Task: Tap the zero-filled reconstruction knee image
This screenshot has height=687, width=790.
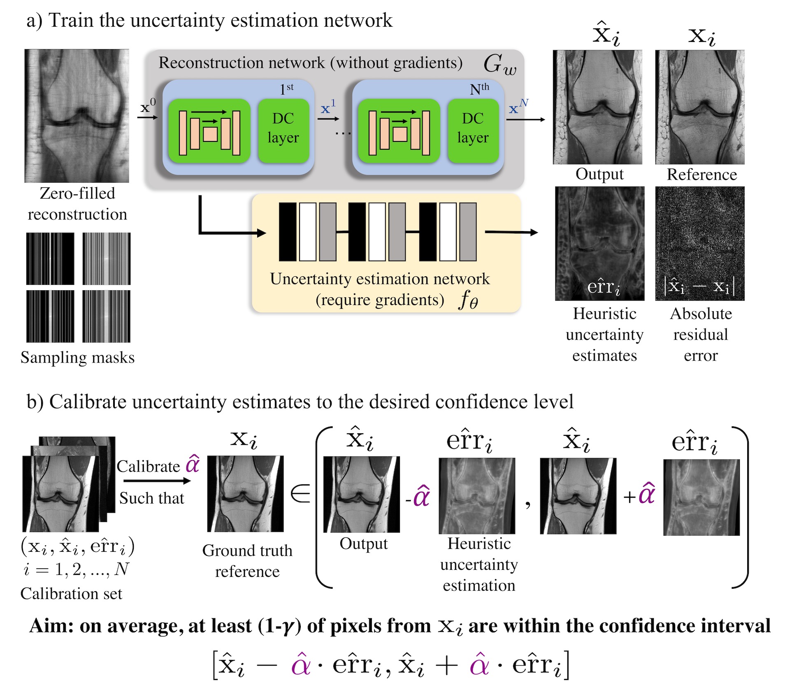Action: pyautogui.click(x=77, y=116)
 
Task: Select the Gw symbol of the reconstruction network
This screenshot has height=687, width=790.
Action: pyautogui.click(x=500, y=65)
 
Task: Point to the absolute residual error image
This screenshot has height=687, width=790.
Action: pyautogui.click(x=699, y=243)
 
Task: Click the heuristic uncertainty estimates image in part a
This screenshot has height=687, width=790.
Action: pyautogui.click(x=599, y=243)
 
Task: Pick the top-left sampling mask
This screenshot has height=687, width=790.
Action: pyautogui.click(x=50, y=259)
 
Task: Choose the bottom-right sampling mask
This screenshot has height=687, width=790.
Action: pyautogui.click(x=106, y=316)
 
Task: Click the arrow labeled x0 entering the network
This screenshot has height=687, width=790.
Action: pyautogui.click(x=147, y=118)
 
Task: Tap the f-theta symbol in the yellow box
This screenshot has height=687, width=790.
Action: pyautogui.click(x=468, y=300)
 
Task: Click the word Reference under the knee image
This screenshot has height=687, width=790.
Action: pyautogui.click(x=702, y=174)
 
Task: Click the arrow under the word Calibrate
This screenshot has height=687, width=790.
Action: pyautogui.click(x=157, y=481)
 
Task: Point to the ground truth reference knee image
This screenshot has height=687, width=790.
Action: pyautogui.click(x=245, y=493)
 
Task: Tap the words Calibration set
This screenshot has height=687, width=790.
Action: pyautogui.click(x=71, y=593)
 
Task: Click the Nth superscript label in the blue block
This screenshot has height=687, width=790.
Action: pyautogui.click(x=479, y=88)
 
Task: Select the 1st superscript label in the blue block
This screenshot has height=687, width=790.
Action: pyautogui.click(x=286, y=88)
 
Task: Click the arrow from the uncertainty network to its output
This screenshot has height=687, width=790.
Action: pyautogui.click(x=511, y=232)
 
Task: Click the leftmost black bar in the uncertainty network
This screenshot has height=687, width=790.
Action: pyautogui.click(x=287, y=232)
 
